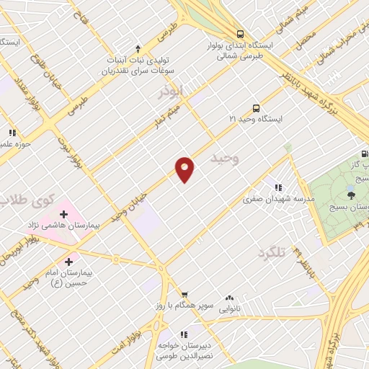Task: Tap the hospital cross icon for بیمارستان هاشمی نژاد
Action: tap(63, 214)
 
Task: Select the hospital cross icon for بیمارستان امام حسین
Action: tap(69, 262)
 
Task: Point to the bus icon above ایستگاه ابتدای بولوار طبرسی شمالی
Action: tap(240, 33)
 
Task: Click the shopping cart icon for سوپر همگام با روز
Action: tap(185, 295)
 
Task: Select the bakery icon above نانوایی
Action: tap(230, 296)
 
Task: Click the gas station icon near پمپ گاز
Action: tap(364, 154)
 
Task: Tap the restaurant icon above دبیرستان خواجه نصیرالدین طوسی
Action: tap(184, 334)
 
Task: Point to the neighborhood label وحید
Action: tap(223, 158)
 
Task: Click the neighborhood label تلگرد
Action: tap(271, 252)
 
